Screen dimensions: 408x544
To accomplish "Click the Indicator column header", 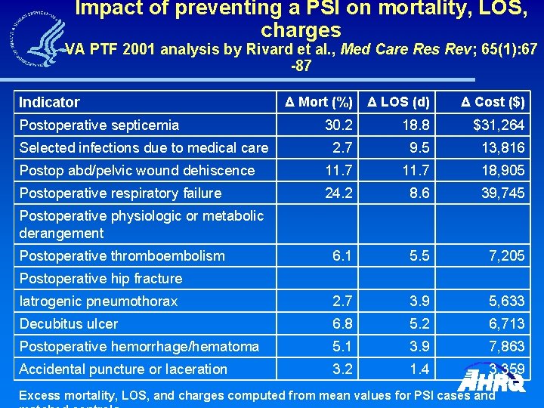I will coord(49,102).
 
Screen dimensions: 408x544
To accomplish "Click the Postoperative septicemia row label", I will coord(99,125).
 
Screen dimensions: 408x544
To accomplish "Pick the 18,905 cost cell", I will coord(503,170).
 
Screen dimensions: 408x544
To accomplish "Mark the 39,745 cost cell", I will coord(503,193).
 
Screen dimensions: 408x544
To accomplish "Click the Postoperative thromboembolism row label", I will coord(122,255).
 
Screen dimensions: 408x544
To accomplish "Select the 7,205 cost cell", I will coord(507,255).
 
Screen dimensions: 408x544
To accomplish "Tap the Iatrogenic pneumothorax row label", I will coord(98,301).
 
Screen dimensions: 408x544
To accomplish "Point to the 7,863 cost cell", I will coord(507,346).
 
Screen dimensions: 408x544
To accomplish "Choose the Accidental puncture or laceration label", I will coord(123,369).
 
